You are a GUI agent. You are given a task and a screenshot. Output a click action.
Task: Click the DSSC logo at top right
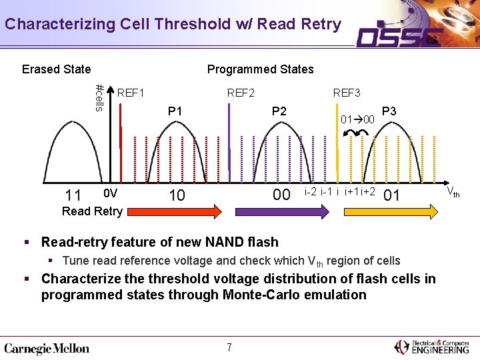coord(401,36)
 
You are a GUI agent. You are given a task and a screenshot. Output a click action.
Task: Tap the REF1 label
coord(131,93)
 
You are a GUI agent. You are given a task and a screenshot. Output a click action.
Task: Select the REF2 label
coord(241,93)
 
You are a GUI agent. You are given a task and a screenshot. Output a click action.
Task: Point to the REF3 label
coord(347,93)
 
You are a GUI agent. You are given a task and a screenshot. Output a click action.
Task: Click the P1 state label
coord(175,111)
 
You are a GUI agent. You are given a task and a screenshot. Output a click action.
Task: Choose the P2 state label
coord(279,111)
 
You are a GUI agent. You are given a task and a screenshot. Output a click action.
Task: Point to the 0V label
coord(111,193)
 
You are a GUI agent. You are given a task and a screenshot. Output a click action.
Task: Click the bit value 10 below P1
coord(176,195)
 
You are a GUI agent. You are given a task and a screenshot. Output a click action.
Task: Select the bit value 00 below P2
coord(281,195)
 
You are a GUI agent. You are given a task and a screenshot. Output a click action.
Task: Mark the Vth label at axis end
coord(452,193)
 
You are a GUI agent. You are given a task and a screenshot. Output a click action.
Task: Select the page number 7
coord(229,347)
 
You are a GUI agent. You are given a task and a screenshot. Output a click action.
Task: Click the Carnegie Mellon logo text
coord(47,348)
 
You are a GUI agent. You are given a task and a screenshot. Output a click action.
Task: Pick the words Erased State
coord(56,69)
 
